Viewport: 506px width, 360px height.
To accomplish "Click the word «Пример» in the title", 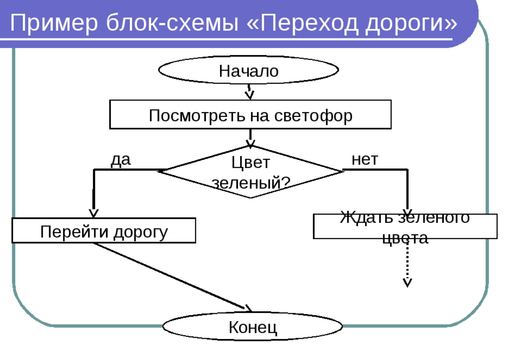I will tap(54, 23).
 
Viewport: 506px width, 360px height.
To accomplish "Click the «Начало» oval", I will tap(249, 70).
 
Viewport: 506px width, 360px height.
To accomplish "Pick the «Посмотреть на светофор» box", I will tap(250, 115).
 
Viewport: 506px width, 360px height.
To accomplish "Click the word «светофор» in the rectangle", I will tap(313, 116).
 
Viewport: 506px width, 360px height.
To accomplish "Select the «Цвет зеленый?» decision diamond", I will tap(250, 172).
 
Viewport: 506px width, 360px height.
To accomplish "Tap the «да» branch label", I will tap(121, 160).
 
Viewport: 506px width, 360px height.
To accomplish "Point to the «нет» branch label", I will tap(365, 160).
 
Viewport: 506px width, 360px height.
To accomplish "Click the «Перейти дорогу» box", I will tap(104, 231).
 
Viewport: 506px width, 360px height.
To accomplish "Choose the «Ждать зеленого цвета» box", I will tap(405, 226).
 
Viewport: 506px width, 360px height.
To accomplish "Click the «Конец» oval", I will tap(253, 327).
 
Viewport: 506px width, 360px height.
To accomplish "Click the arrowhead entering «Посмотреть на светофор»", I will tap(250, 95).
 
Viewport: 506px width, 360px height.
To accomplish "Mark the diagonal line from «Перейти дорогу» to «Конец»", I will tap(169, 276).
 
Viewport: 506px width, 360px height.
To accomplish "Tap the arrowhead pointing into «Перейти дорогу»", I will tap(94, 213).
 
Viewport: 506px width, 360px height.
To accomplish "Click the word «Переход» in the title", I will tap(308, 23).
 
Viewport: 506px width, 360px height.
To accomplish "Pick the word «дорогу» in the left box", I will tap(141, 232).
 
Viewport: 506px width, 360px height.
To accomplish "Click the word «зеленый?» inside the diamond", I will tap(251, 183).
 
